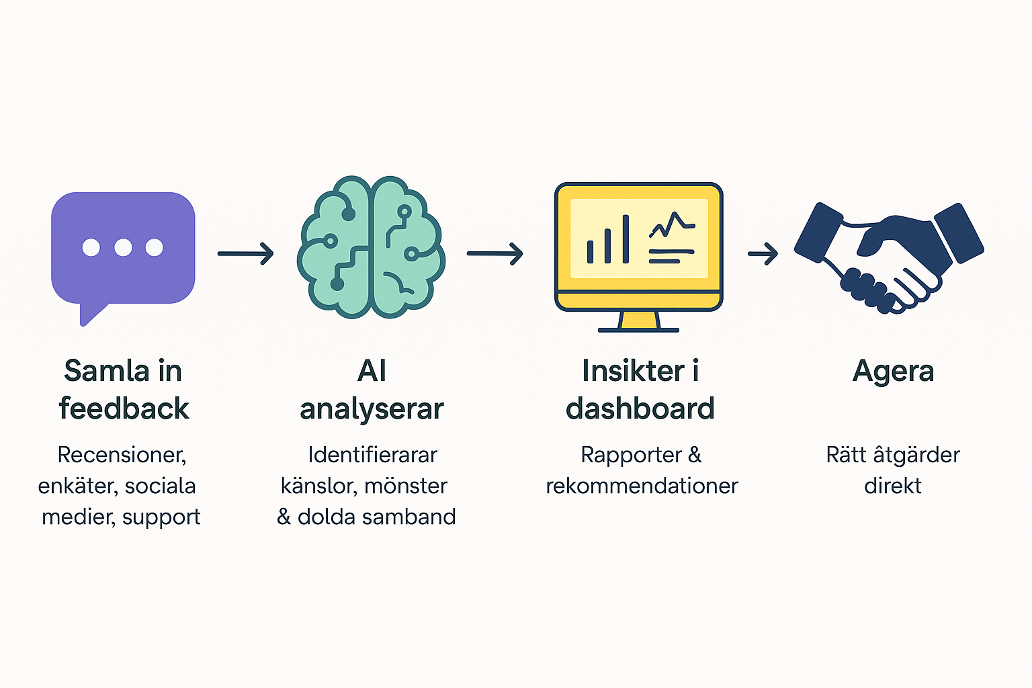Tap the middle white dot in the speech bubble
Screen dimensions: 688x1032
point(123,247)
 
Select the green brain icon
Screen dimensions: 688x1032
point(371,247)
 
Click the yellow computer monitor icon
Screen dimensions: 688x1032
point(638,249)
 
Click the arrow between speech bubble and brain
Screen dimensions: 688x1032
point(246,253)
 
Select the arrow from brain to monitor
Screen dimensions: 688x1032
point(495,253)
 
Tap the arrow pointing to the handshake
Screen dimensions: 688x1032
point(763,254)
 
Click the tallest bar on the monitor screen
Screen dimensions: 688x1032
point(626,239)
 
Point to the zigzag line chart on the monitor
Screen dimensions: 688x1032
point(671,224)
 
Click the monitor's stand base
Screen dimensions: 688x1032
point(638,329)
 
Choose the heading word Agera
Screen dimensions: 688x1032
point(893,371)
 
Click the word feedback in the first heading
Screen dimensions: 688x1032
point(124,408)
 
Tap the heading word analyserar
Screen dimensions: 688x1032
point(372,408)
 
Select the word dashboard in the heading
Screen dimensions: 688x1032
point(640,408)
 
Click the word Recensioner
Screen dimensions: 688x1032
point(122,455)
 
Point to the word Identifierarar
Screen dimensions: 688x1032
point(372,455)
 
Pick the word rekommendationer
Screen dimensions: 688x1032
point(642,486)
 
